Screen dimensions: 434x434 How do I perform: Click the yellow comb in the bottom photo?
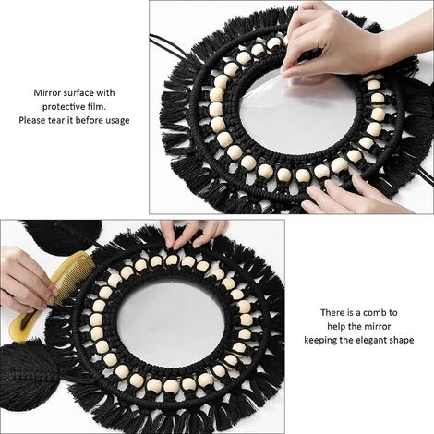(x=57, y=287)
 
